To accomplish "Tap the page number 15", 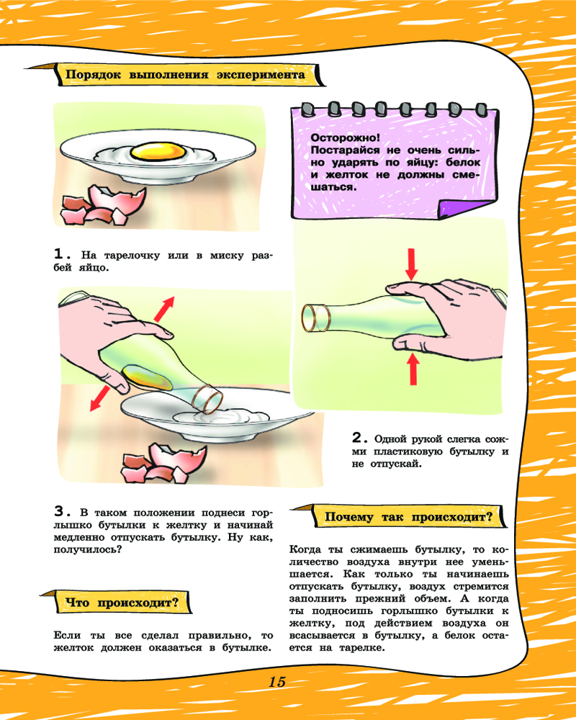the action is [x=277, y=682].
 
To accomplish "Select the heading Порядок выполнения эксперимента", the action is [x=185, y=74].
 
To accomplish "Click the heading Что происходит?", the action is [x=122, y=602].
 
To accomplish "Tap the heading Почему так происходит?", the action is [x=408, y=517].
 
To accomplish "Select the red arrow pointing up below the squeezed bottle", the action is [x=413, y=369].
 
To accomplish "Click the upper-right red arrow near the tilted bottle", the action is [x=164, y=309].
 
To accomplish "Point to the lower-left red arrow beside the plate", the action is [x=99, y=398].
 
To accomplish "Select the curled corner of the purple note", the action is [x=466, y=209].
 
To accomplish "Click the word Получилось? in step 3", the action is [x=88, y=549].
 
